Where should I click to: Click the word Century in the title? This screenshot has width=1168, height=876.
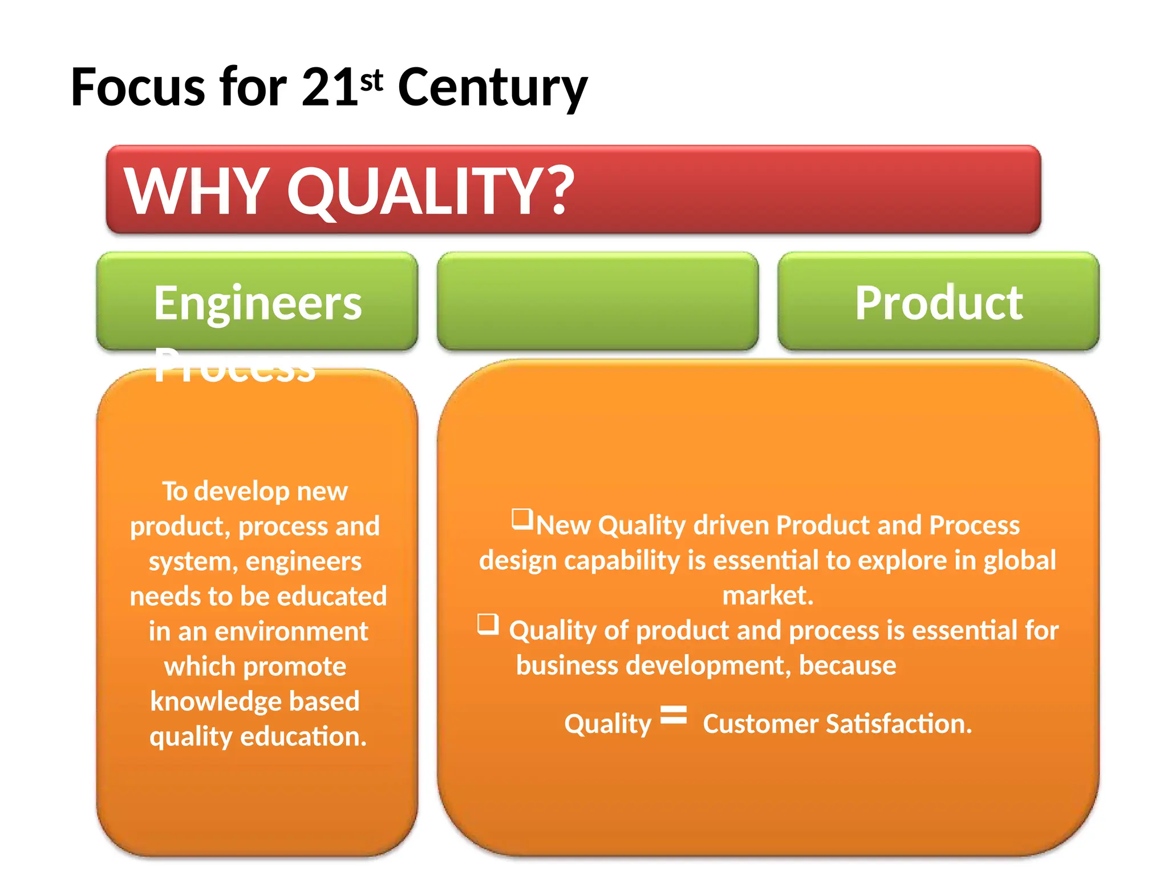click(492, 88)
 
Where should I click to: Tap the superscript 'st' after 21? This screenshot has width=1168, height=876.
click(371, 80)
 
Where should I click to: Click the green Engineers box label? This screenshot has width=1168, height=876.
click(258, 303)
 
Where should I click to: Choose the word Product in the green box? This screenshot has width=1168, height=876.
click(938, 303)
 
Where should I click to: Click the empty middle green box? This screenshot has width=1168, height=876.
click(598, 301)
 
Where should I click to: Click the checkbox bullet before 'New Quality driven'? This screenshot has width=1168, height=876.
click(522, 519)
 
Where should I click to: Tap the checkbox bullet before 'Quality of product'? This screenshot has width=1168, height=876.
click(488, 624)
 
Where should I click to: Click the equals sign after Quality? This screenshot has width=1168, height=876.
click(674, 715)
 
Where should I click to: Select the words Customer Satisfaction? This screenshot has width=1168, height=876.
click(837, 724)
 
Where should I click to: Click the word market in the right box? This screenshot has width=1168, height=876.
click(767, 595)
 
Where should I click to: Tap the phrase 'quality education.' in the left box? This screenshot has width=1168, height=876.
click(258, 736)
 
